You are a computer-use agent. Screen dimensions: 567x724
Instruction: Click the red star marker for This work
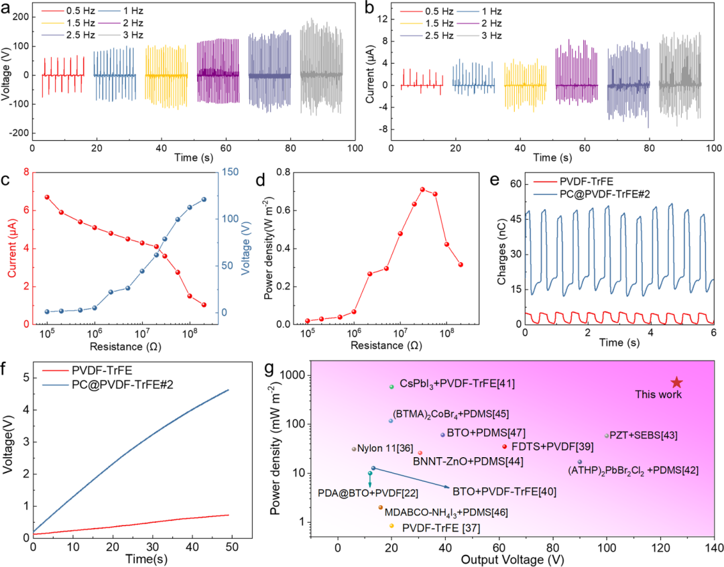pos(676,382)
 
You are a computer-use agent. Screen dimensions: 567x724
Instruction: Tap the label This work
pos(658,395)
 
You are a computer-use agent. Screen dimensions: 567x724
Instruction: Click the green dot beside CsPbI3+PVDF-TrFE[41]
pos(391,387)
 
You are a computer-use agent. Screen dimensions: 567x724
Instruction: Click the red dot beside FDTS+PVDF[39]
pos(504,446)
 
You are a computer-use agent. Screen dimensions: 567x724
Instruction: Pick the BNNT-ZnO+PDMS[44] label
pos(468,461)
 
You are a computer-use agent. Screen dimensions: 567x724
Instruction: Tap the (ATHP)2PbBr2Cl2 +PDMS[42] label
pos(633,470)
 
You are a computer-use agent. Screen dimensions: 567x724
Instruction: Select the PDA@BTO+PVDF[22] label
pos(368,493)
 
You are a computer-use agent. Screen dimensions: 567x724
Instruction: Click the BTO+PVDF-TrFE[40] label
pos(504,491)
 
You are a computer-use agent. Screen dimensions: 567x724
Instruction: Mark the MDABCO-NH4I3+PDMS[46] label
pos(446,513)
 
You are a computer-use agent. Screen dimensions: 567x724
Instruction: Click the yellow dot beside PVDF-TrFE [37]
pos(391,527)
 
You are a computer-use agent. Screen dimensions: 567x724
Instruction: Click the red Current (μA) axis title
pos(12,248)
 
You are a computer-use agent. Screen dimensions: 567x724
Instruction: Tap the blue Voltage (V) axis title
pos(246,248)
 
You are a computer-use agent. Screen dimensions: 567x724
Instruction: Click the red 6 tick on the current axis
pos(27,210)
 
